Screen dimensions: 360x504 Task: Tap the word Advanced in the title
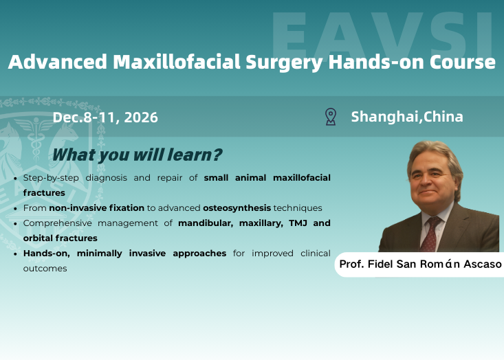coord(57,62)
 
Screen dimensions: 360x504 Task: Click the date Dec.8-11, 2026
coord(105,117)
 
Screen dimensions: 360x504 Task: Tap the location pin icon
coord(331,117)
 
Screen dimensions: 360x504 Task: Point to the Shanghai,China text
coord(407,117)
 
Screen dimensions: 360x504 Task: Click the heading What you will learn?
coord(137,155)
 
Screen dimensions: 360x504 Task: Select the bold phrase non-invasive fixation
coord(96,207)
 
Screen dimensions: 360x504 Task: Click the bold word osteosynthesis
coord(237,207)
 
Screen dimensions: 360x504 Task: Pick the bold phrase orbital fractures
coord(61,238)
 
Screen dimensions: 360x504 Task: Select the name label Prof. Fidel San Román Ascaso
coord(420,264)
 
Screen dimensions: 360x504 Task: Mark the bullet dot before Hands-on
coord(16,254)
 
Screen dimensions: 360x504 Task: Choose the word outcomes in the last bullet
coord(45,269)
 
